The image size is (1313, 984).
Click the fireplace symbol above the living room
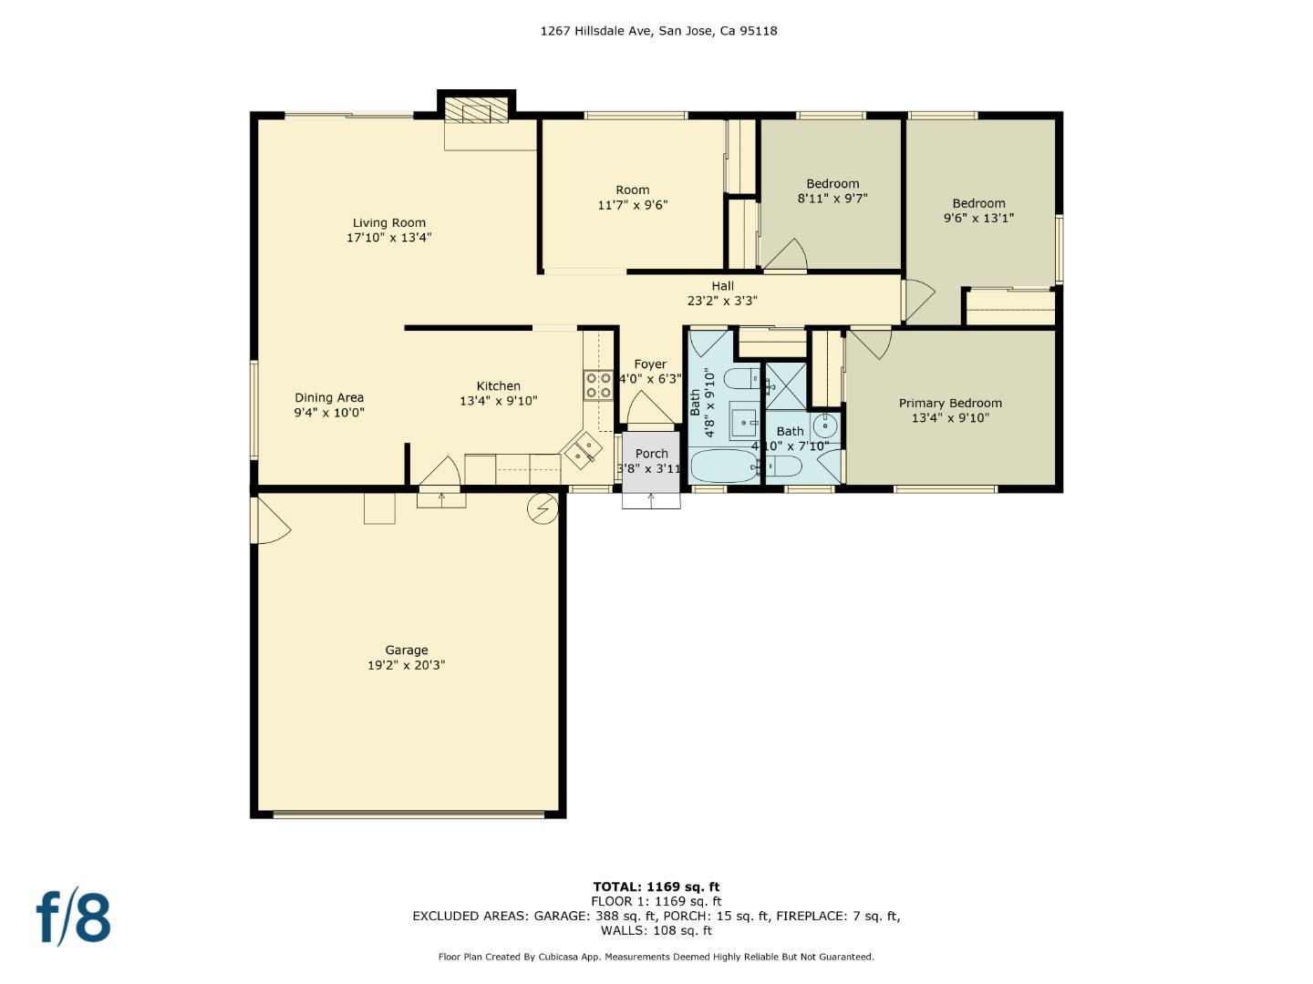click(x=476, y=110)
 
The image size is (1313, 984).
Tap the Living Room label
click(x=389, y=223)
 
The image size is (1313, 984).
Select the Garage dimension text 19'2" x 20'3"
click(x=406, y=666)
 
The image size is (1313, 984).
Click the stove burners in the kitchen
click(x=598, y=385)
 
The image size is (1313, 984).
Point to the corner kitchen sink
click(x=583, y=449)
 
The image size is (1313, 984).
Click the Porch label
click(x=651, y=454)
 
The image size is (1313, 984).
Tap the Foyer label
click(x=650, y=364)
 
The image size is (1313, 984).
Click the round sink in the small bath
click(x=825, y=425)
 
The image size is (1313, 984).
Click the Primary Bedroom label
click(x=950, y=404)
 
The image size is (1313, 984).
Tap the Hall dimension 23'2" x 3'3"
click(x=722, y=301)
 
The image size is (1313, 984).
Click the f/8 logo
click(x=73, y=917)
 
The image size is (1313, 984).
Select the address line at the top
click(x=658, y=31)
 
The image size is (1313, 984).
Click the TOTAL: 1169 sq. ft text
click(x=656, y=887)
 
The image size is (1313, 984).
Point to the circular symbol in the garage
click(x=542, y=509)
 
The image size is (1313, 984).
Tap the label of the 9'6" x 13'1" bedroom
click(x=978, y=204)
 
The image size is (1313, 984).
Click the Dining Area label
click(x=329, y=398)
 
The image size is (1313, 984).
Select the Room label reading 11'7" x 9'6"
click(x=632, y=190)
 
